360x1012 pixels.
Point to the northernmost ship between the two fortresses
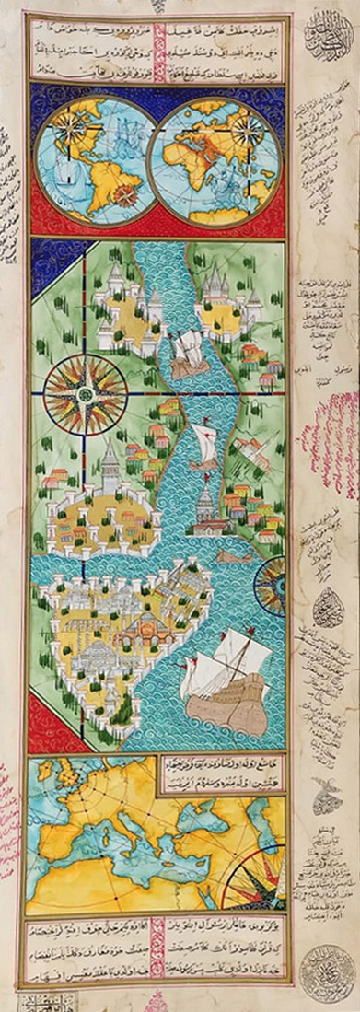point(187,355)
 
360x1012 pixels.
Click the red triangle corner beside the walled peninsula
point(46,719)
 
